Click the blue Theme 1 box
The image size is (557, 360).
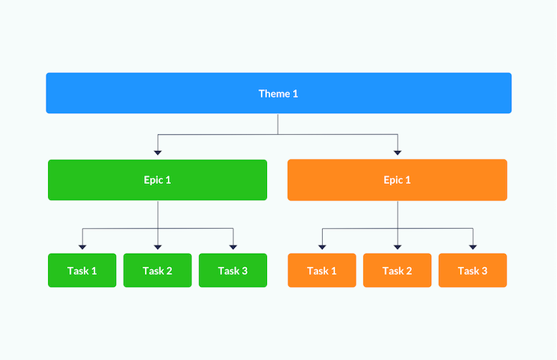tap(278, 93)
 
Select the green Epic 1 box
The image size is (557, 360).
tap(157, 180)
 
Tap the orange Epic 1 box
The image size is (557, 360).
tap(397, 180)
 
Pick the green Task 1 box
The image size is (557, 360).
tap(82, 270)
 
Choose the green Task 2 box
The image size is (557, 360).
tap(157, 270)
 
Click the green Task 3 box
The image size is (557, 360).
tap(233, 270)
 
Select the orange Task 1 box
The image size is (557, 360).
tap(322, 270)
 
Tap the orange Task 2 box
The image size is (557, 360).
tap(397, 270)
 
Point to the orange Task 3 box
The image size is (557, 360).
tap(472, 270)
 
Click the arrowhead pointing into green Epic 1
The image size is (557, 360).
tap(158, 153)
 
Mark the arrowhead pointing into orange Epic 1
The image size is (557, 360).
tap(398, 153)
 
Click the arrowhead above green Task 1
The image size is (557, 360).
tap(82, 247)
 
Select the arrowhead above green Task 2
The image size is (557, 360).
tap(158, 247)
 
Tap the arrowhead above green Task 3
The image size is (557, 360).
tap(233, 247)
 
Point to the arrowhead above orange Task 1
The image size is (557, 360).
tap(322, 247)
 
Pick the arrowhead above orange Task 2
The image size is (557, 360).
tap(398, 247)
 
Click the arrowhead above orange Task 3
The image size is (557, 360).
tap(473, 247)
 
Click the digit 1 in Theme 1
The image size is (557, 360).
tap(295, 94)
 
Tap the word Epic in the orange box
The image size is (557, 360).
tap(393, 180)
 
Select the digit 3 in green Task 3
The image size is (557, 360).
tap(244, 271)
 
